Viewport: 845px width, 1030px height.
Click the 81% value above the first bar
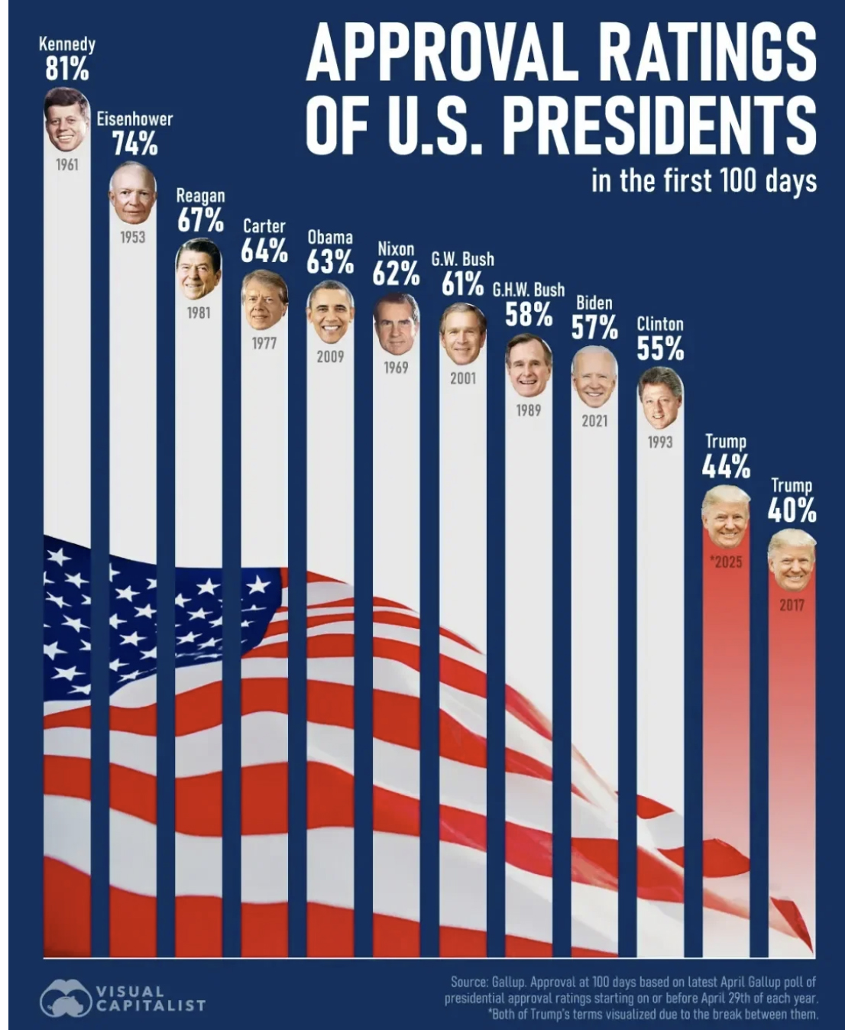(66, 70)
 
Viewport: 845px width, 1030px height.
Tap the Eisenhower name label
(134, 118)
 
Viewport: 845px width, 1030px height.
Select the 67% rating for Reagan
(200, 220)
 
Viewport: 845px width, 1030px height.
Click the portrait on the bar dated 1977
(264, 299)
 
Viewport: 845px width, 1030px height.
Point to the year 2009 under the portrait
(330, 356)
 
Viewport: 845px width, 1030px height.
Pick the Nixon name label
(396, 249)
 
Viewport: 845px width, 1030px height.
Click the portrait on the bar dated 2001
(462, 333)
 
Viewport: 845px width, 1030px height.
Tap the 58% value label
(528, 314)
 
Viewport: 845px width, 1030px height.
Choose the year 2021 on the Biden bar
(594, 421)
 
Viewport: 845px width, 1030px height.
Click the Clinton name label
(660, 324)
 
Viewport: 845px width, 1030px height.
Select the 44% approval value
(726, 465)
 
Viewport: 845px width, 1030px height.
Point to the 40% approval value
(792, 509)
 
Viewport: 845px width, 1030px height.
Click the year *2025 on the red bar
(725, 562)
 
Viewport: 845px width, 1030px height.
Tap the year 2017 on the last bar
(792, 605)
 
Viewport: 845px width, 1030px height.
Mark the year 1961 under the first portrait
(66, 164)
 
